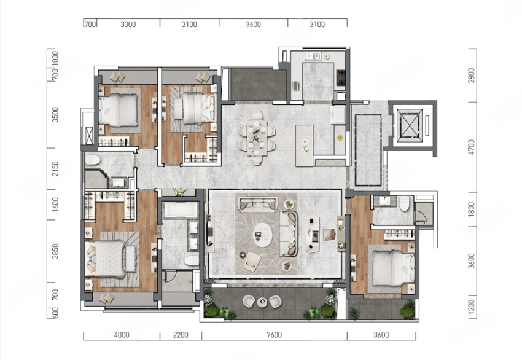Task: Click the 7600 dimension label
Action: [x=275, y=335]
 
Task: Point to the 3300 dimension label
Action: [x=128, y=24]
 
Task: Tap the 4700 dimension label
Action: [x=471, y=147]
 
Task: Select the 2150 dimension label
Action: [x=55, y=168]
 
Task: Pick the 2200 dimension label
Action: [x=181, y=335]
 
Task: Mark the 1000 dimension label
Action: [x=55, y=58]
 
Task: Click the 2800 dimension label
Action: [x=471, y=76]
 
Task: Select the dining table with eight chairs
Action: [x=257, y=138]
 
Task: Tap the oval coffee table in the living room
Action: [x=262, y=235]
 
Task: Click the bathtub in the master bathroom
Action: [x=180, y=210]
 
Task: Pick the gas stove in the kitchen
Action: [x=341, y=78]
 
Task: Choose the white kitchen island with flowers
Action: [x=304, y=146]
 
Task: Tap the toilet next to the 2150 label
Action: [x=93, y=160]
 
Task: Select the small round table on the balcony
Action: [x=262, y=302]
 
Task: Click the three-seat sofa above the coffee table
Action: [x=259, y=204]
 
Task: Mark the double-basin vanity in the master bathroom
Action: [x=193, y=236]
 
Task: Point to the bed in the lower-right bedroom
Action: [x=393, y=268]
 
